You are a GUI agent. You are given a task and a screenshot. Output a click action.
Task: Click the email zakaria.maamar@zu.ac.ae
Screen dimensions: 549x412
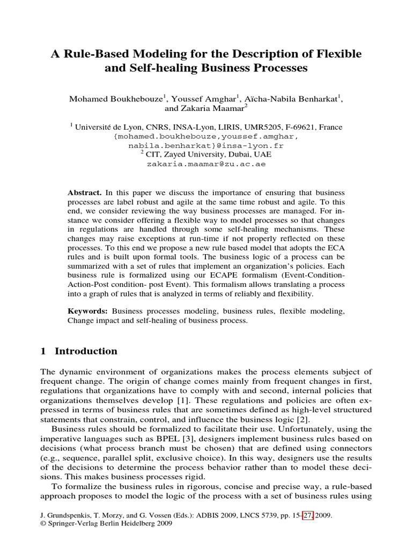206,165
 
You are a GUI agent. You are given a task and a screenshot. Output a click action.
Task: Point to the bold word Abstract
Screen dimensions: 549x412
84,192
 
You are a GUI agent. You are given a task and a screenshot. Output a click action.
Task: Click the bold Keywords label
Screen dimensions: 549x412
88,311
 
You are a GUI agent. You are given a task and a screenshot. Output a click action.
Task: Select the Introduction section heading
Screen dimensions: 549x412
86,352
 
